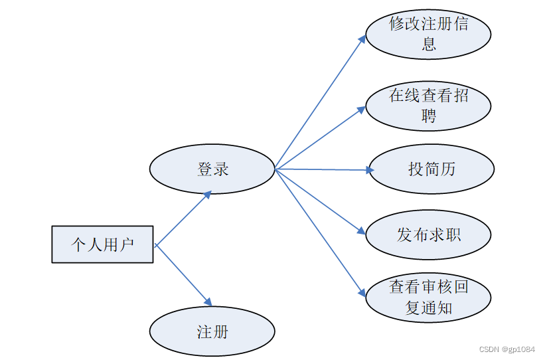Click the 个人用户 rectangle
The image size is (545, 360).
(x=102, y=244)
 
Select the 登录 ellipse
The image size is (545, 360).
(x=212, y=169)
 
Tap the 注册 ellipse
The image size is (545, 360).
(x=212, y=331)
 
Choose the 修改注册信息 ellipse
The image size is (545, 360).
(x=428, y=34)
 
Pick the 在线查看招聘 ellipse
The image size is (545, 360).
(x=428, y=105)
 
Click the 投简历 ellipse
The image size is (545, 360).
(x=431, y=169)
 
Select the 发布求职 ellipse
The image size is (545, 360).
(x=428, y=234)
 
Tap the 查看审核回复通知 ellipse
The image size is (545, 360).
(x=428, y=298)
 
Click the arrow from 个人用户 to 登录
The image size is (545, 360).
(x=183, y=219)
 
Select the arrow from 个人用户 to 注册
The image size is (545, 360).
(x=183, y=274)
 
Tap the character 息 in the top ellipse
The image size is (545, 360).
(x=429, y=45)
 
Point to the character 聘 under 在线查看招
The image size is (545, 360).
(x=429, y=116)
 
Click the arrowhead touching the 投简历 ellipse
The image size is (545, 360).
(x=370, y=170)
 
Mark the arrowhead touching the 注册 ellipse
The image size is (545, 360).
(x=208, y=302)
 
